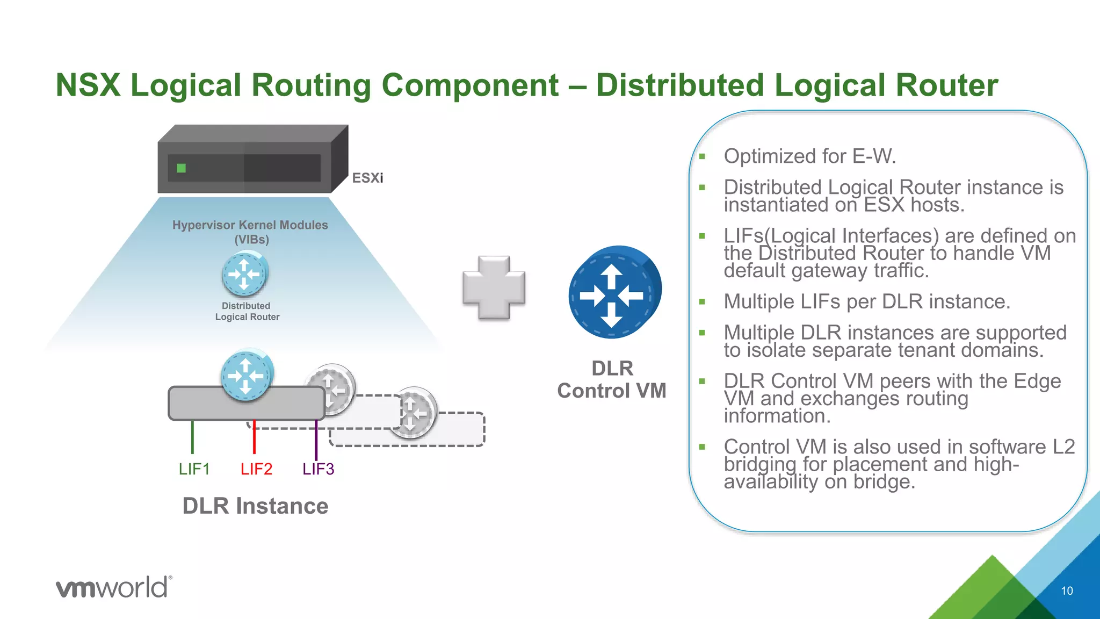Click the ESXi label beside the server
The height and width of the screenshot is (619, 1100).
click(x=367, y=178)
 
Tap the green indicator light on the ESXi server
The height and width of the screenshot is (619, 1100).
click(x=181, y=168)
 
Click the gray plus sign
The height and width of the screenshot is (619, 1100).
click(x=494, y=287)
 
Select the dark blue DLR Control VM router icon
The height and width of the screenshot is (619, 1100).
click(x=614, y=292)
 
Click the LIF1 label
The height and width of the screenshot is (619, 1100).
click(x=194, y=469)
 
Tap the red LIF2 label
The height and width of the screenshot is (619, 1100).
click(x=256, y=469)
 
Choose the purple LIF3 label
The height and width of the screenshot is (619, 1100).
click(x=318, y=469)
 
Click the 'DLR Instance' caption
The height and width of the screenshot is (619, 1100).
click(x=255, y=506)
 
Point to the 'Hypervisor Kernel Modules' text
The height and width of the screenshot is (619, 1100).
click(x=250, y=225)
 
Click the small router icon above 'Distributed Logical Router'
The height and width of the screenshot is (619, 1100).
click(x=245, y=275)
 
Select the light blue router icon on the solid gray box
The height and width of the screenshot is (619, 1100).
click(x=247, y=375)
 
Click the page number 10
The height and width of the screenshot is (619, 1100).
click(x=1067, y=591)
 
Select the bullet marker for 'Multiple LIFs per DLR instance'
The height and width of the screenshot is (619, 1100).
click(x=701, y=302)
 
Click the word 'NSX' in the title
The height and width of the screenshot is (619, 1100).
click(x=88, y=85)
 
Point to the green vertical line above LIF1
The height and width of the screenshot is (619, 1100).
click(x=192, y=437)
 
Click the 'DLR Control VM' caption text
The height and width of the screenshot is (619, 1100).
click(x=612, y=379)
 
